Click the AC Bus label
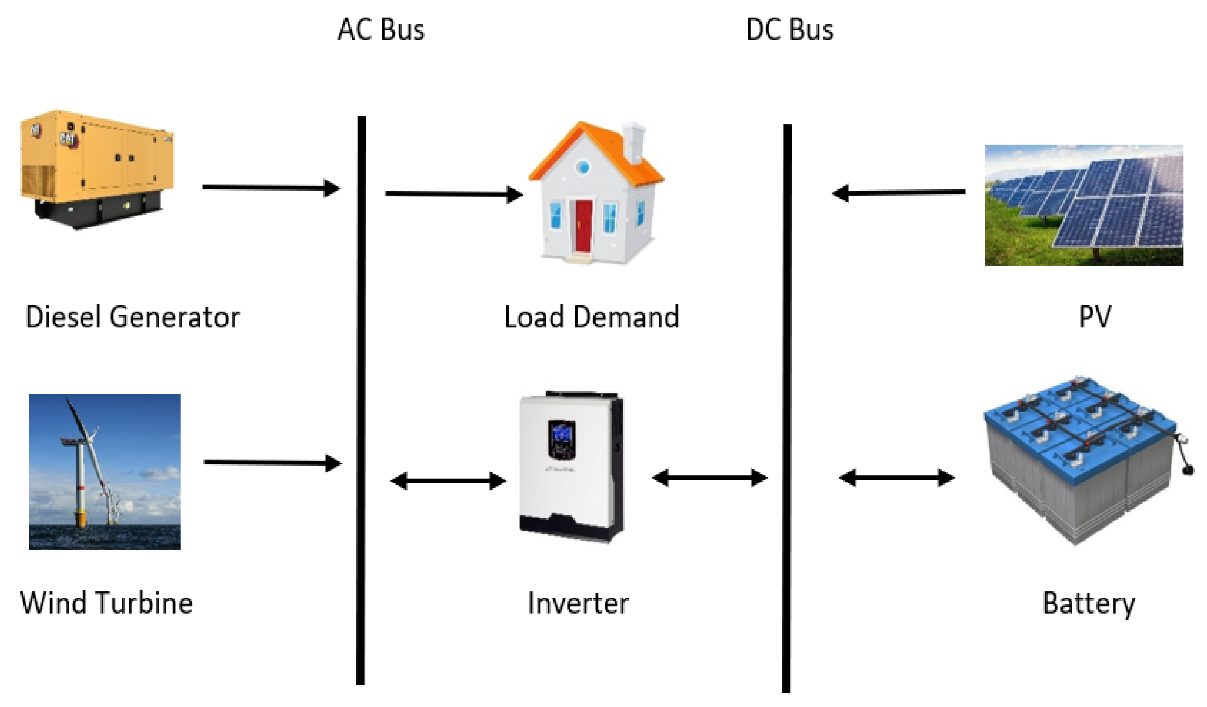pos(381,30)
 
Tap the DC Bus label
pos(790,30)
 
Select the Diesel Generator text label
pos(132,317)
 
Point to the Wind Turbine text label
pos(106,603)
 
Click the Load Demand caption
pos(592,317)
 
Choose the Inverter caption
pos(578,603)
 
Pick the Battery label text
pos(1089,604)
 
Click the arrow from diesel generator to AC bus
pos(271,188)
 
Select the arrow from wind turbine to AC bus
pos(272,463)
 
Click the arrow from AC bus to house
pos(453,194)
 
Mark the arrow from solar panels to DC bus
pos(898,193)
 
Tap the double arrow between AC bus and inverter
pos(448,481)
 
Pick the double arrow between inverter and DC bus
pos(709,478)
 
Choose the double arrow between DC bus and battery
pos(897,478)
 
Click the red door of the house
pos(584,226)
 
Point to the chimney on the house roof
pos(634,143)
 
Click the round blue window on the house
pos(583,167)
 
